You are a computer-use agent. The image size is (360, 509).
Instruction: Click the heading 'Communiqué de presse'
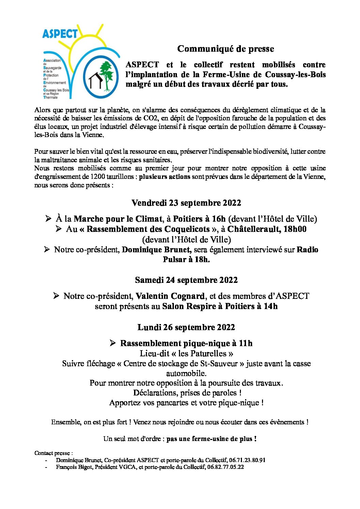point(225,49)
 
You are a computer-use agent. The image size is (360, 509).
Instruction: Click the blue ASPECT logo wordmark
point(60,34)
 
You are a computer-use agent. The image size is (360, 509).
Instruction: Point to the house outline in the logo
point(95,81)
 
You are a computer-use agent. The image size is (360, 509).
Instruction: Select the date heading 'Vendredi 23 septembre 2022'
point(186,203)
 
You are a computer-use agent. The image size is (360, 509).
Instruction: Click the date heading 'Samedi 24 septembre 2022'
point(186,280)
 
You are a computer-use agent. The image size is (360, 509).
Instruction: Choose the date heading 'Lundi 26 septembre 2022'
point(186,327)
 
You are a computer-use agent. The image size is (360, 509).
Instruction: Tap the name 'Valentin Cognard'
point(170,296)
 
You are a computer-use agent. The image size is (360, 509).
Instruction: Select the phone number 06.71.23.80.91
point(249,460)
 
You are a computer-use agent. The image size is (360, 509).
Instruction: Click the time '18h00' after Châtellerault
point(295,229)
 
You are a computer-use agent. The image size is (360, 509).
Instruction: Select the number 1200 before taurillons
point(97,177)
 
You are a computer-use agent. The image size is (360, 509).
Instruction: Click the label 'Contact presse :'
point(53,453)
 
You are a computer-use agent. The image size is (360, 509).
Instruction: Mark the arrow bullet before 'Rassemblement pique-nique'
point(113,343)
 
